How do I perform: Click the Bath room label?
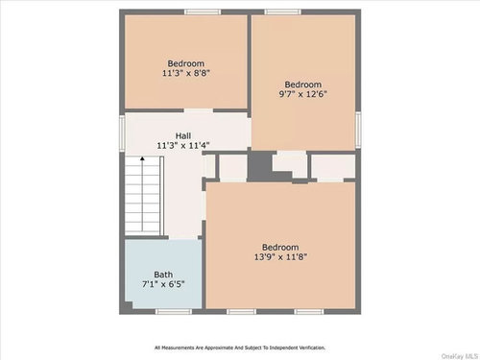(163, 275)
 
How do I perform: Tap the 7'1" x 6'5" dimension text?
(163, 284)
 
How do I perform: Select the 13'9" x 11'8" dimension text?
(280, 256)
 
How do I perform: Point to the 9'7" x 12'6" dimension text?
(303, 94)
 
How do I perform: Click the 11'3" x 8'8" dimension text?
(186, 73)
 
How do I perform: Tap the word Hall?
(183, 135)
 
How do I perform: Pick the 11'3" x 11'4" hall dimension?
(183, 145)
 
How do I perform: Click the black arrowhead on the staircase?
(142, 158)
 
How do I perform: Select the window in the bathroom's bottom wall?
(174, 311)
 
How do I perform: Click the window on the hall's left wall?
(122, 132)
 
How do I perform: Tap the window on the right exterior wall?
(358, 130)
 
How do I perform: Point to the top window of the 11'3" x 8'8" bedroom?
(203, 12)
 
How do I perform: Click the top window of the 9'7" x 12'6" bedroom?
(282, 12)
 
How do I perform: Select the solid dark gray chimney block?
(260, 166)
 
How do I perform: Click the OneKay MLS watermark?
(460, 356)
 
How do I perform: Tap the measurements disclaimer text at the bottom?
(240, 348)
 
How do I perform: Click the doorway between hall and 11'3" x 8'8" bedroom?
(199, 110)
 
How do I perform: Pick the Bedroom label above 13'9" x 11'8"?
(280, 247)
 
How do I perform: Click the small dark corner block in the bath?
(129, 305)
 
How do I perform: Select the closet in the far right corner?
(333, 166)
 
